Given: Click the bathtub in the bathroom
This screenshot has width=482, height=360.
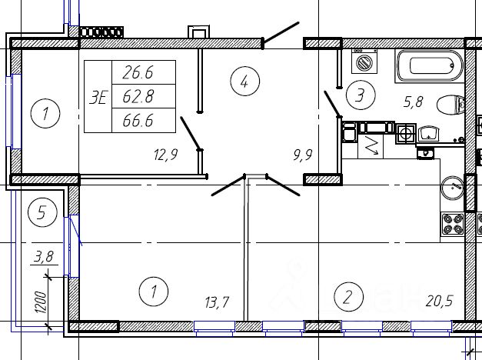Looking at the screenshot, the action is pos(430,66).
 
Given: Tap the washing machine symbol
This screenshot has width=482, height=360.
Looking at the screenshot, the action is pos(364,62).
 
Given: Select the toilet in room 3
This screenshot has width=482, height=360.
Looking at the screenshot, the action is pos(450,105).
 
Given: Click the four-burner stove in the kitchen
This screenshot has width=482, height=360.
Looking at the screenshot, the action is pos(453,224).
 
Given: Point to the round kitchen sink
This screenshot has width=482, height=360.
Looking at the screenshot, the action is pos(452,188).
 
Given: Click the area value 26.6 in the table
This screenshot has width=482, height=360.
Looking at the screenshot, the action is pos(138,73).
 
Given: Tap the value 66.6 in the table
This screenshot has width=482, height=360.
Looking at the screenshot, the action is pos(138,120).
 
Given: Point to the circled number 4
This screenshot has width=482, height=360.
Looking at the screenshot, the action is pos(244,82).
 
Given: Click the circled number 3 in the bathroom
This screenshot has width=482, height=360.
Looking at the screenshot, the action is pos(361,95).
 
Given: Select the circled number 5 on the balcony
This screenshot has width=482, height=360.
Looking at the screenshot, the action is pos(42,212).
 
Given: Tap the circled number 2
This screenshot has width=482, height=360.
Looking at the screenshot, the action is pos(348,297).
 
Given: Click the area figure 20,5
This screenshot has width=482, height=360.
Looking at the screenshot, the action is pos(439,301).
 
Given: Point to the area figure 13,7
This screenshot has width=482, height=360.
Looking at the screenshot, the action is pos(217,302).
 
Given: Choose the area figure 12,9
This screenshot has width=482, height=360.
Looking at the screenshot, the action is pos(166,155).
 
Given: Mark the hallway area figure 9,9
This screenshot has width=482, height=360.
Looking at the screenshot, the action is pos(303,155).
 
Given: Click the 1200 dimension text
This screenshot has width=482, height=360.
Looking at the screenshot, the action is pos(42,302).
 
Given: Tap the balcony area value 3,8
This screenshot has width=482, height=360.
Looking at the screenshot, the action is pos(44,257).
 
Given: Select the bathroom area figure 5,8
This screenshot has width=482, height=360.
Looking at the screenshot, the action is pos(414,102).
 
